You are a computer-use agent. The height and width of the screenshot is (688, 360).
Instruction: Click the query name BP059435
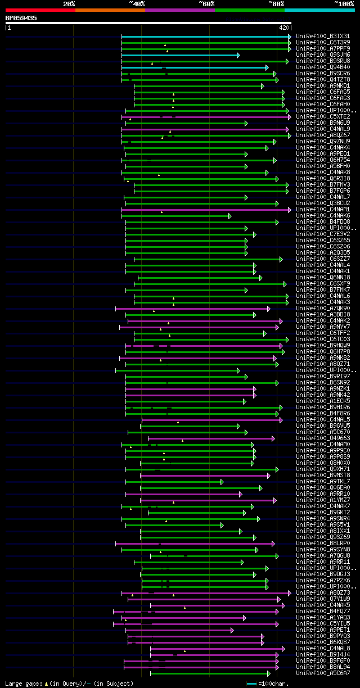(x=21, y=18)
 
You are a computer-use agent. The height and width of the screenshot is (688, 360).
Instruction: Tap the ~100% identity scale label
(x=344, y=4)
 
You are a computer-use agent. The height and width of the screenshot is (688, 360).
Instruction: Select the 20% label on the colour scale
(x=69, y=4)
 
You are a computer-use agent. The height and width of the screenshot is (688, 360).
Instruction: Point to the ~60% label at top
(x=206, y=4)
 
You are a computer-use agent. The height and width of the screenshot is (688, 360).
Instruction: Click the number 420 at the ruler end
(x=283, y=28)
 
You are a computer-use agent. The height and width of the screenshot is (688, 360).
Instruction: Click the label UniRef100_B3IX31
(x=323, y=37)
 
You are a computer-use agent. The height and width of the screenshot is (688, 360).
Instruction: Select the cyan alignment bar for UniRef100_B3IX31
(x=205, y=37)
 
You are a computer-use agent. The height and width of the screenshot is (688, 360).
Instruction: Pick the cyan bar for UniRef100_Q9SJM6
(x=180, y=55)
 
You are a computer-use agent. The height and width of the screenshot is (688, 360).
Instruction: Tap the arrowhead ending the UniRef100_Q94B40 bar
(x=267, y=67)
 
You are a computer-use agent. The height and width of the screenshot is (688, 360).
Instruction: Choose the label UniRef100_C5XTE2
(x=323, y=117)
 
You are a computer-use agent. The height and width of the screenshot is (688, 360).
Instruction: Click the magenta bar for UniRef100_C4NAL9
(x=205, y=129)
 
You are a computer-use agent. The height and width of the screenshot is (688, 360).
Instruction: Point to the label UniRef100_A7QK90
(x=323, y=309)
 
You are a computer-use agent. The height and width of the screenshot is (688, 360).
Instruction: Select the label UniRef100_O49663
(x=323, y=438)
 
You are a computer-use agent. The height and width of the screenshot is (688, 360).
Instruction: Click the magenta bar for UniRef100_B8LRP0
(x=194, y=544)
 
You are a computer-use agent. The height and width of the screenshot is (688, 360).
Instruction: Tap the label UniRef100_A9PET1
(x=323, y=630)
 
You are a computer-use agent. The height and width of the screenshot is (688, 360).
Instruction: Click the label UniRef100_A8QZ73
(x=323, y=593)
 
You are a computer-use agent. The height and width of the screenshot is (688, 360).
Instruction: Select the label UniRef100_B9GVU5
(x=323, y=426)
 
